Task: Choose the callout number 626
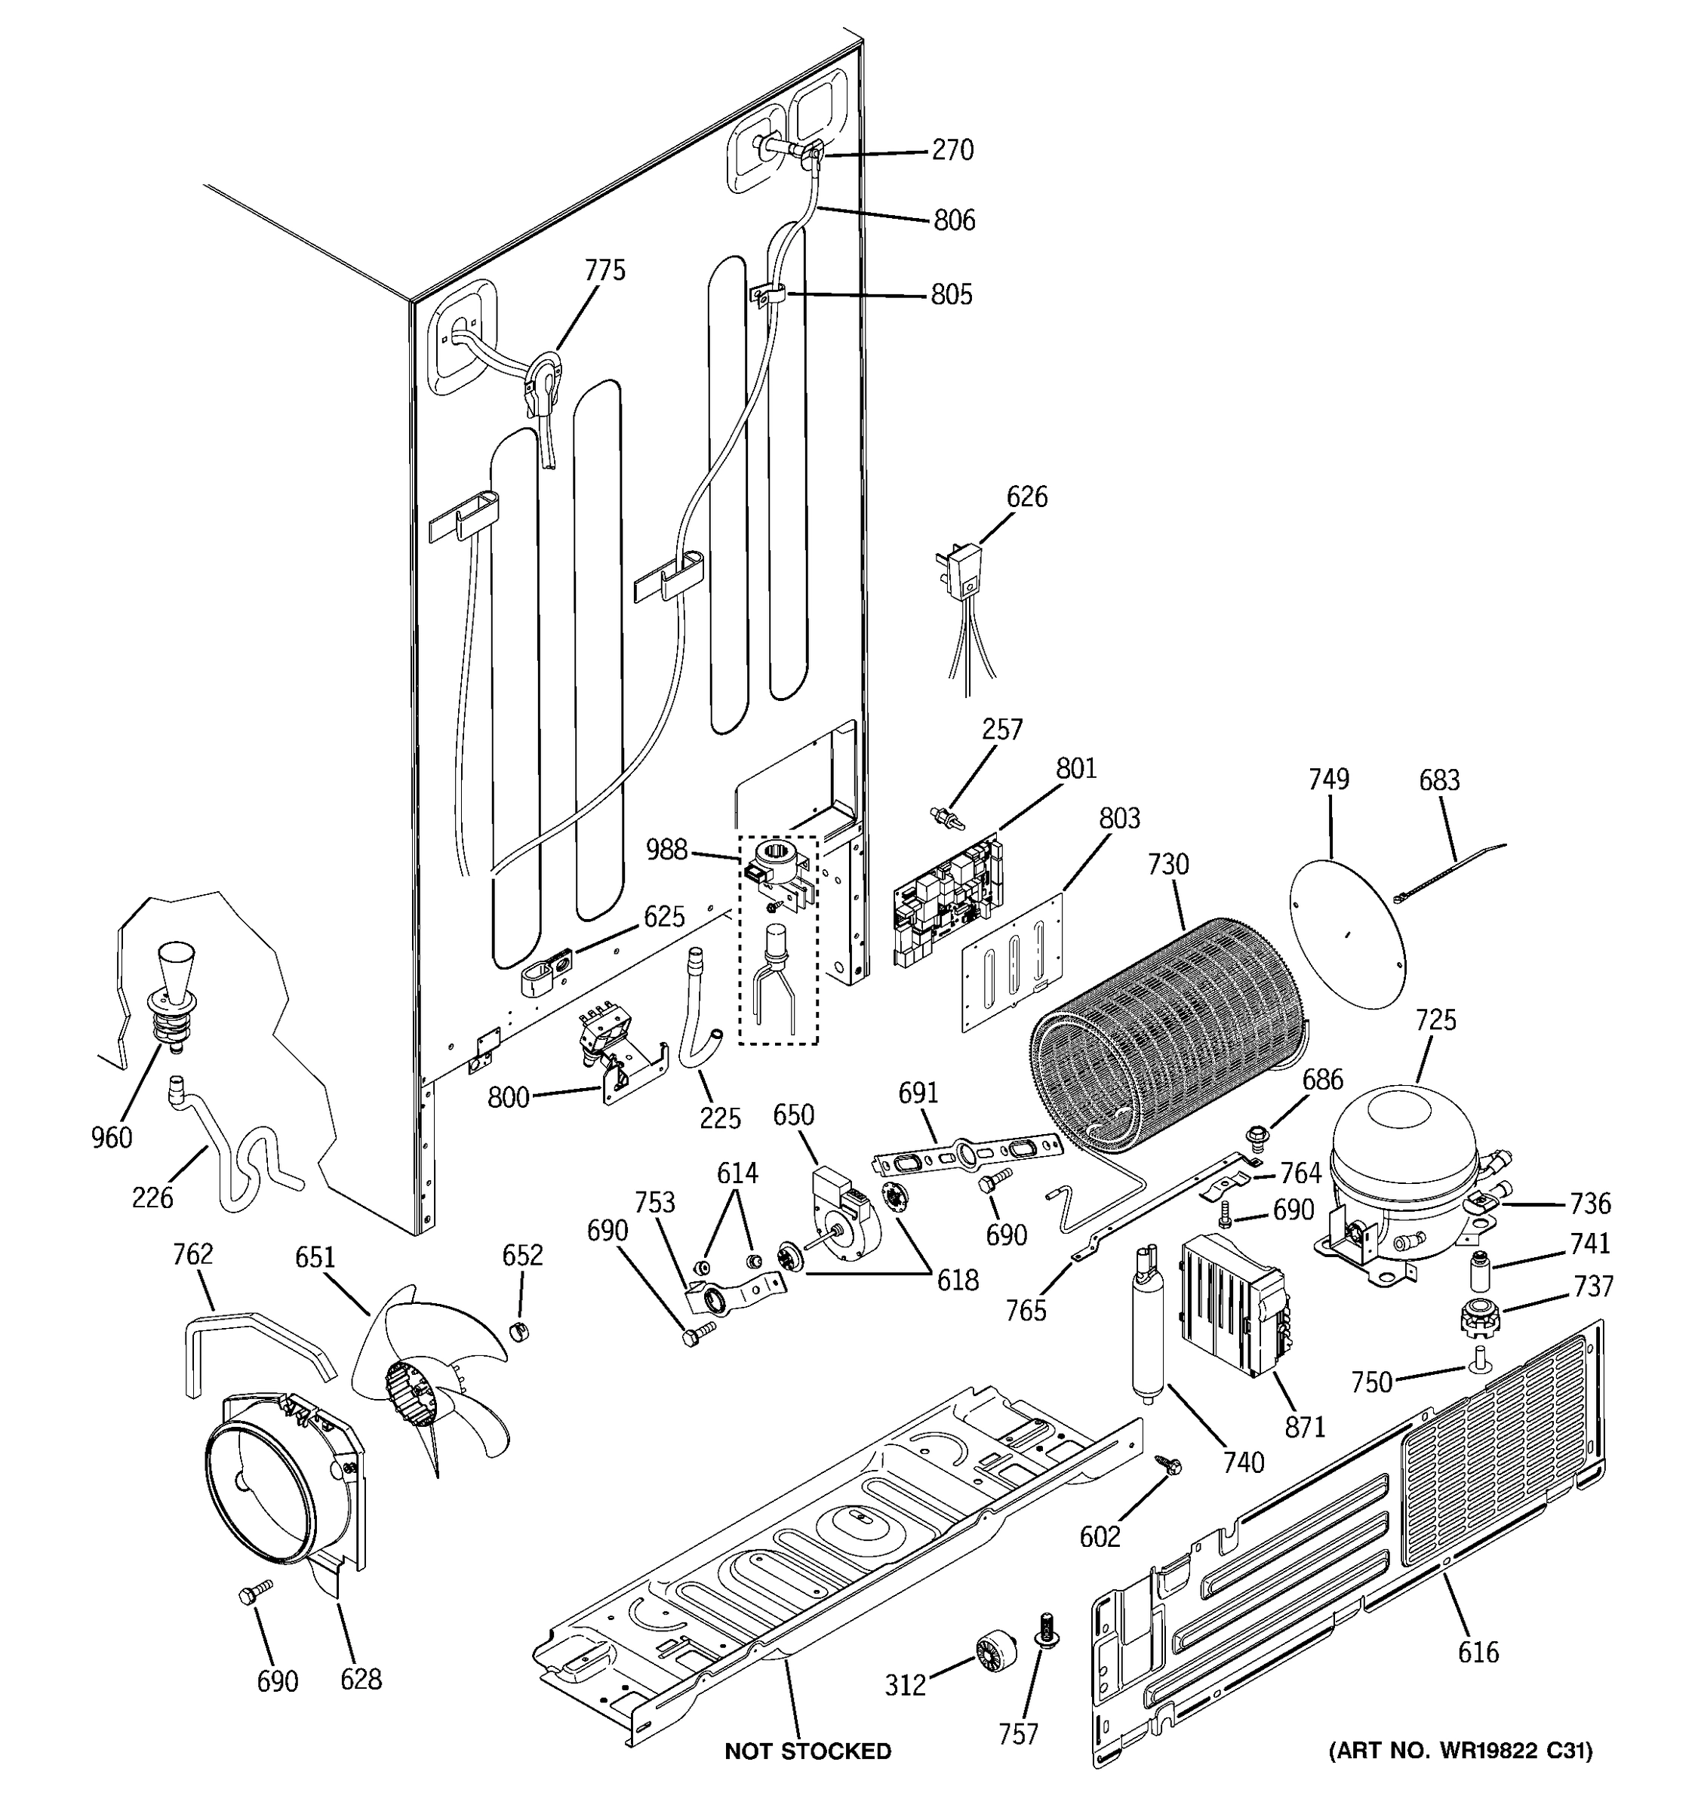1026,497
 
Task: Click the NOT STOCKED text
807,1751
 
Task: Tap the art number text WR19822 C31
1461,1750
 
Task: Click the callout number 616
1478,1652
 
